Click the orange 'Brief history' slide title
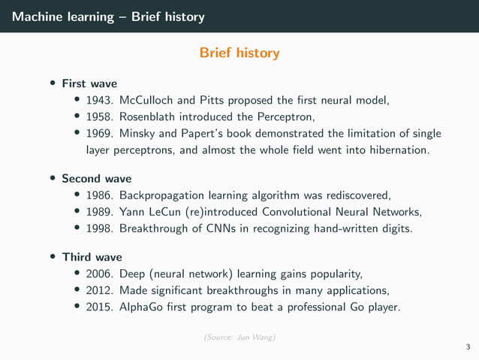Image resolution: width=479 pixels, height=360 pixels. pos(239,53)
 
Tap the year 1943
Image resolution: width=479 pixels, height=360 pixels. pos(100,99)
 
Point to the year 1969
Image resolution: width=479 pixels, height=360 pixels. pos(100,133)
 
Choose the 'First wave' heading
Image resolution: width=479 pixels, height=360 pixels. pos(89,83)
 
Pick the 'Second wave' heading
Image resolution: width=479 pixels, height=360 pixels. pos(96,178)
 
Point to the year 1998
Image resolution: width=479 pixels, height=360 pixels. pos(100,228)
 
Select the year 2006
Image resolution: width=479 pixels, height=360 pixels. pos(100,274)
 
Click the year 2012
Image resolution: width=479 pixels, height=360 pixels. pos(100,290)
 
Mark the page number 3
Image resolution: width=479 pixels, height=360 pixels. pos(468,346)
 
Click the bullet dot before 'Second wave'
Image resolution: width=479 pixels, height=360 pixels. pos(53,179)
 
